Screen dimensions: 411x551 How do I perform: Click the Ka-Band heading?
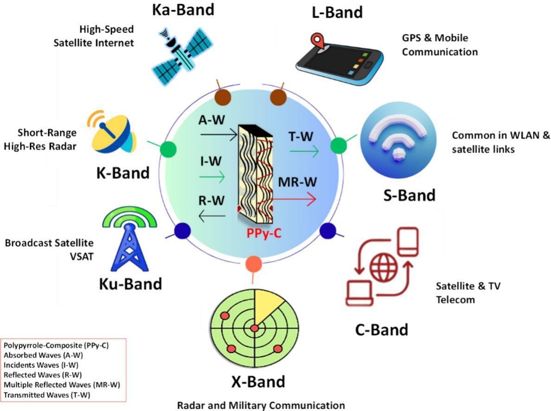pyautogui.click(x=184, y=10)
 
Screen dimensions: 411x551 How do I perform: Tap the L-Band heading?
pyautogui.click(x=337, y=12)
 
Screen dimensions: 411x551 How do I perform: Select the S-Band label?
pyautogui.click(x=410, y=195)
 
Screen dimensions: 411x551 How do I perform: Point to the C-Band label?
pyautogui.click(x=382, y=329)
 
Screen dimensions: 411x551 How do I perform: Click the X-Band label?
pyautogui.click(x=258, y=382)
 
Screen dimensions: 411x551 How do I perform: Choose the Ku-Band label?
pyautogui.click(x=130, y=283)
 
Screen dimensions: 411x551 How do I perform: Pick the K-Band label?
pyautogui.click(x=123, y=173)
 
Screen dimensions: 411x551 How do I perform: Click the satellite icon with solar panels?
pyautogui.click(x=180, y=53)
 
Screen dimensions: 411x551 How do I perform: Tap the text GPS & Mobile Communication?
pyautogui.click(x=439, y=45)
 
